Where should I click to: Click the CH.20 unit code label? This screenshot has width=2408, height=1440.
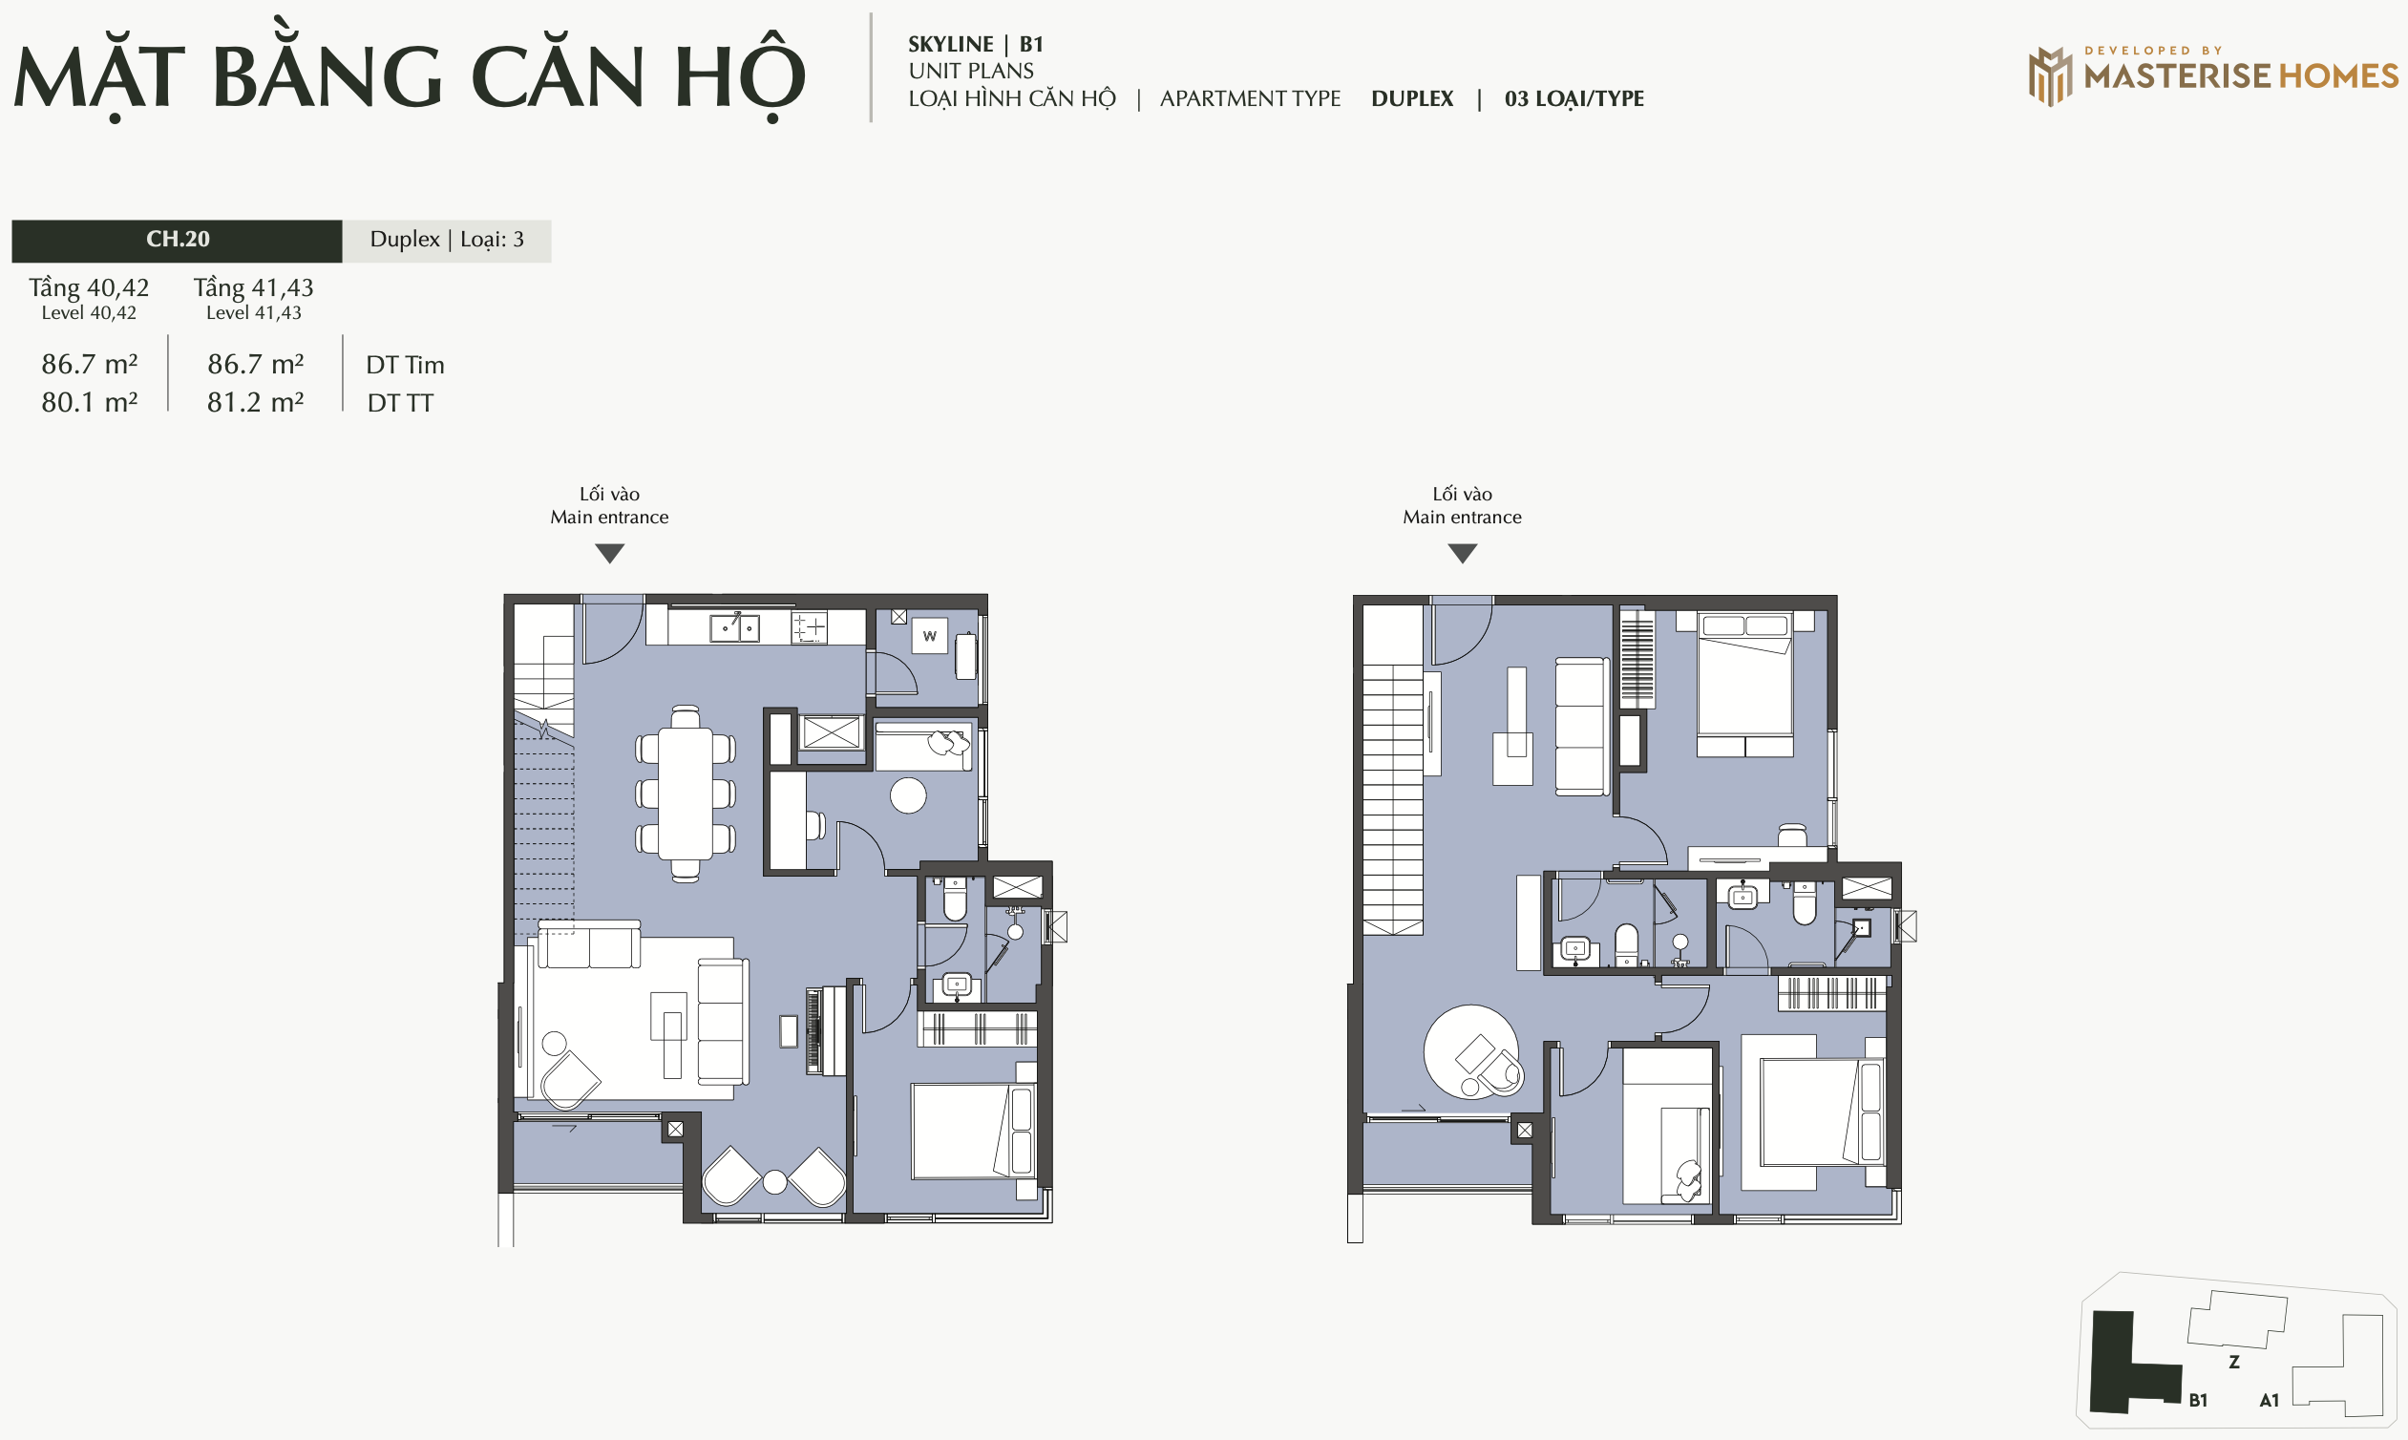point(178,239)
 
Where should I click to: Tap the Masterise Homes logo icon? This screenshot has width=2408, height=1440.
point(2050,75)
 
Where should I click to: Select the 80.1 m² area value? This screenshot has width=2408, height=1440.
point(89,402)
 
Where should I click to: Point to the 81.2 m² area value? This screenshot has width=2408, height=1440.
point(255,402)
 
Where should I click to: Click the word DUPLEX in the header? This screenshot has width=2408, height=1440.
point(1411,99)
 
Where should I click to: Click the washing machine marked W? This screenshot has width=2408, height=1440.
point(929,637)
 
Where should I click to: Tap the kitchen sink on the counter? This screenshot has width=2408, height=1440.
point(734,626)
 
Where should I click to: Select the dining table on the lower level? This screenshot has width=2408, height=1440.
point(686,794)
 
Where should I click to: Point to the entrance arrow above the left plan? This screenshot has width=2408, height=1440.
point(609,553)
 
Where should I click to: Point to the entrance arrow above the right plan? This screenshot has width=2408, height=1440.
point(1462,553)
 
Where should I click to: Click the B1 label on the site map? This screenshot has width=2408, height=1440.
point(2199,1400)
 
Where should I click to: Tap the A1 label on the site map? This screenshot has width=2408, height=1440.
point(2270,1400)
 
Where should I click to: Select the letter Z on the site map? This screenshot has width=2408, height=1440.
point(2234,1363)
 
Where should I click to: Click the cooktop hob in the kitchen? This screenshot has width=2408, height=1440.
point(809,627)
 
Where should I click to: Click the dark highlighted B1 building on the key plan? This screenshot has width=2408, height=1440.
point(2124,1364)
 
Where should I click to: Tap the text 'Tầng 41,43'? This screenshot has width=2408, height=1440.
point(253,287)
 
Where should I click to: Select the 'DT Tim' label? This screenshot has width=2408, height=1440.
point(406,365)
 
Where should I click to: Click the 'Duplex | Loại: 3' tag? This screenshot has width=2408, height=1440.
point(446,240)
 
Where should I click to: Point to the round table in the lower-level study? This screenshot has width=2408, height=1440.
point(908,795)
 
